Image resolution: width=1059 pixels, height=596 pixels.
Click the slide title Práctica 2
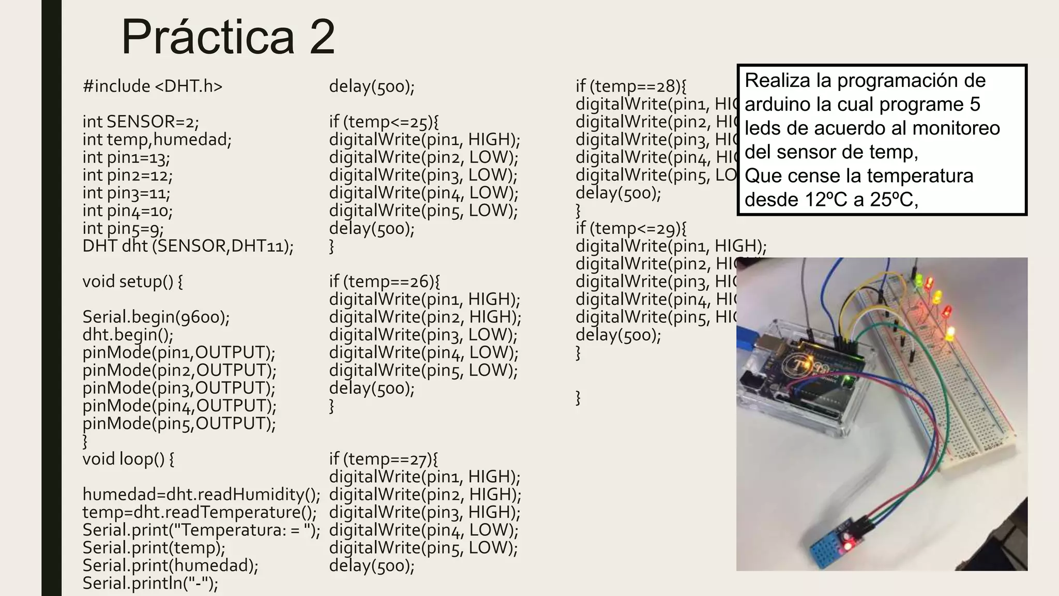(228, 37)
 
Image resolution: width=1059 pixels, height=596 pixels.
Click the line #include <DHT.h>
(153, 86)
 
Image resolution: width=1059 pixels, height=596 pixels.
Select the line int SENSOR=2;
(141, 122)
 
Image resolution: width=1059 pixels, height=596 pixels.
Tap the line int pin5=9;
(123, 228)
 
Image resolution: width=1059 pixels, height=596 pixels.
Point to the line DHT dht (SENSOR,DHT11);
(188, 246)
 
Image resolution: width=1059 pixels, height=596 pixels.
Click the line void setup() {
(132, 281)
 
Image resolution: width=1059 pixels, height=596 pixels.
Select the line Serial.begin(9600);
(156, 317)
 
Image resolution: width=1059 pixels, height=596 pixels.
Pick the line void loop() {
(128, 459)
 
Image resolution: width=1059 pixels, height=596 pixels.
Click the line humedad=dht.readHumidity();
(201, 495)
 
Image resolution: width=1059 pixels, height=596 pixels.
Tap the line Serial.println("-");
(150, 583)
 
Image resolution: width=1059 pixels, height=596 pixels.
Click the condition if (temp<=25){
(384, 122)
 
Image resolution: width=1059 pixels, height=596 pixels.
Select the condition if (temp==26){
(384, 281)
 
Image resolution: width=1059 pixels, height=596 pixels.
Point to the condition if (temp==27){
(383, 459)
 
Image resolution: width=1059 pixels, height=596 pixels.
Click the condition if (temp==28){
(631, 86)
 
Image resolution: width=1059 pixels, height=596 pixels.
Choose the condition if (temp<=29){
(631, 228)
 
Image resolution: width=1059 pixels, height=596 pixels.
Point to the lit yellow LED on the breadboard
(950, 333)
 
